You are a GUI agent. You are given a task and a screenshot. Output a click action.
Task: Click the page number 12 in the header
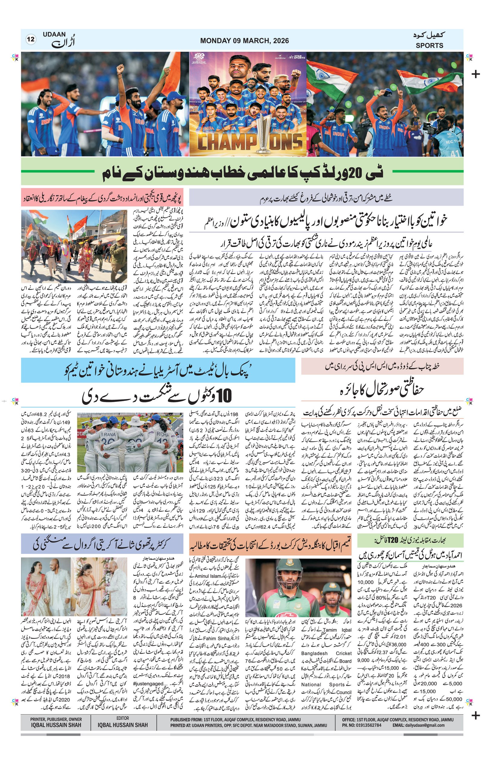(31, 40)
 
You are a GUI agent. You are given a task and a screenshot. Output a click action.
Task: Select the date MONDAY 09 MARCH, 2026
(244, 41)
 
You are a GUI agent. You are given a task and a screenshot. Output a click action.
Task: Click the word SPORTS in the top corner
(429, 45)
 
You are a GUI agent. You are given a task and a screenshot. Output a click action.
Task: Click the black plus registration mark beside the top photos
(475, 74)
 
